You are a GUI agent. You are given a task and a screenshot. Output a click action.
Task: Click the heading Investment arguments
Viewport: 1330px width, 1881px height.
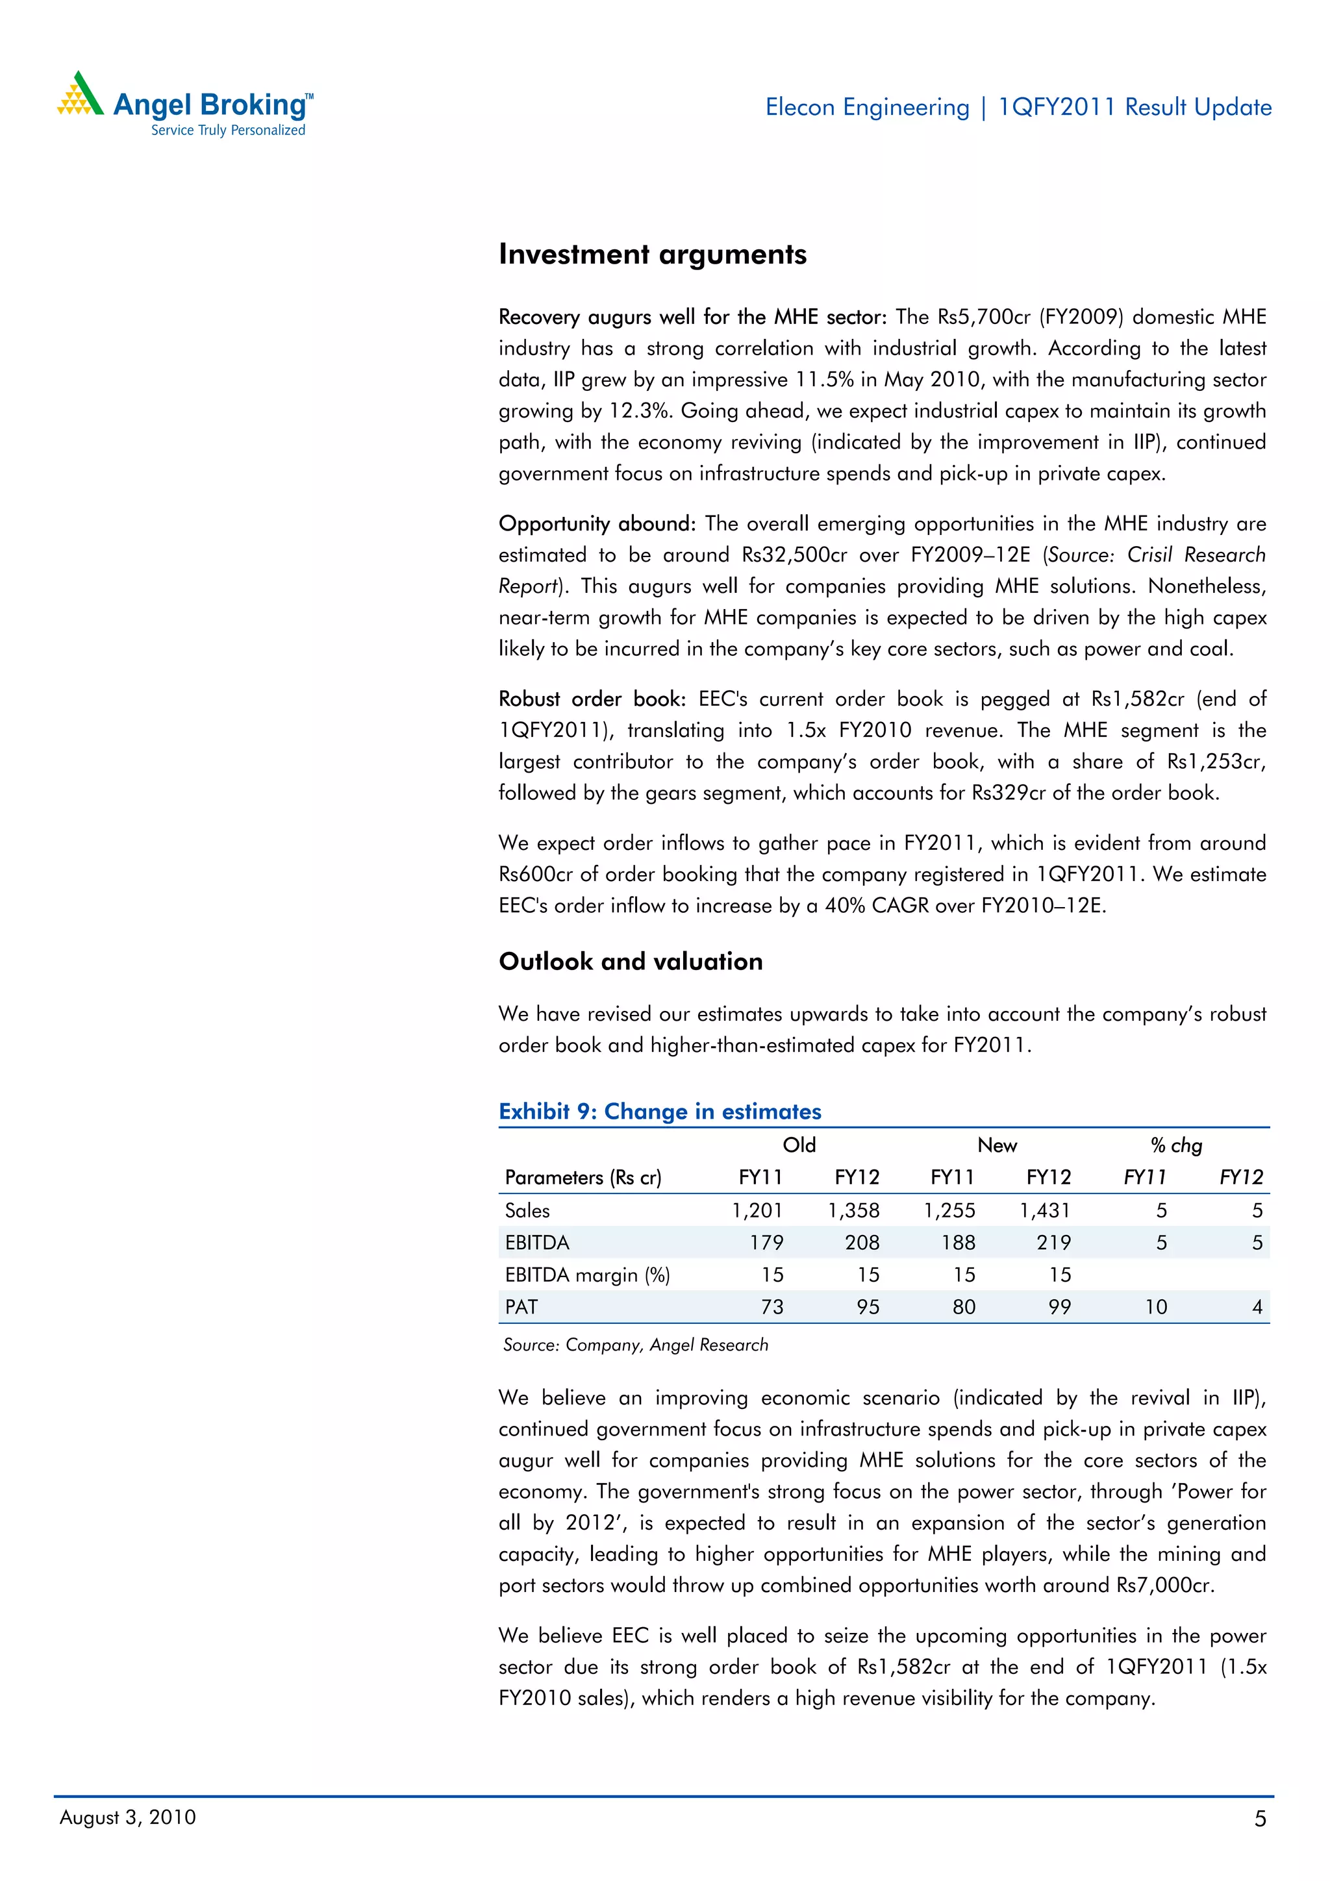click(652, 255)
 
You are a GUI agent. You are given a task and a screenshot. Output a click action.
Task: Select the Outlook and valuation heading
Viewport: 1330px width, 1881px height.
click(630, 961)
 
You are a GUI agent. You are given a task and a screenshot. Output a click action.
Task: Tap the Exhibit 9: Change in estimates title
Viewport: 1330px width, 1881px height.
click(660, 1111)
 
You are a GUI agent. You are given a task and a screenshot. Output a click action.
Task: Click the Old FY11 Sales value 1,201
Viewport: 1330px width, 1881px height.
click(757, 1210)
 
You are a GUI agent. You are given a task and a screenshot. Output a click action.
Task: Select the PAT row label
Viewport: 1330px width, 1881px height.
click(521, 1307)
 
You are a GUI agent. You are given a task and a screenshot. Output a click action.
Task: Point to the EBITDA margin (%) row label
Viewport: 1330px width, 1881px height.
click(586, 1275)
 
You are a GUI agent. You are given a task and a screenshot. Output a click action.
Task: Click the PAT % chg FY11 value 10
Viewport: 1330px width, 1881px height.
click(1155, 1307)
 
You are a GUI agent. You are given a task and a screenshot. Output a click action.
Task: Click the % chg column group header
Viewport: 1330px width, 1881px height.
click(1176, 1145)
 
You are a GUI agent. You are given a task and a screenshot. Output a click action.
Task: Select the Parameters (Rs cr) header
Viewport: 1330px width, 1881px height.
click(583, 1177)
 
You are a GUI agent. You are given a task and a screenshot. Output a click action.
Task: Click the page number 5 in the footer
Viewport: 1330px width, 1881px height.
click(1259, 1819)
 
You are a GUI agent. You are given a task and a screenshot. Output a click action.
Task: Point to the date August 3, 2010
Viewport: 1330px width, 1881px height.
click(128, 1817)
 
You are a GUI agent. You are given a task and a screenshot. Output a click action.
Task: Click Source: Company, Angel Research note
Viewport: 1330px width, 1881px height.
click(635, 1345)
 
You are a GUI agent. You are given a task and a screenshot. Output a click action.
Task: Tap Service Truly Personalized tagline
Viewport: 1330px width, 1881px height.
click(228, 131)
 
